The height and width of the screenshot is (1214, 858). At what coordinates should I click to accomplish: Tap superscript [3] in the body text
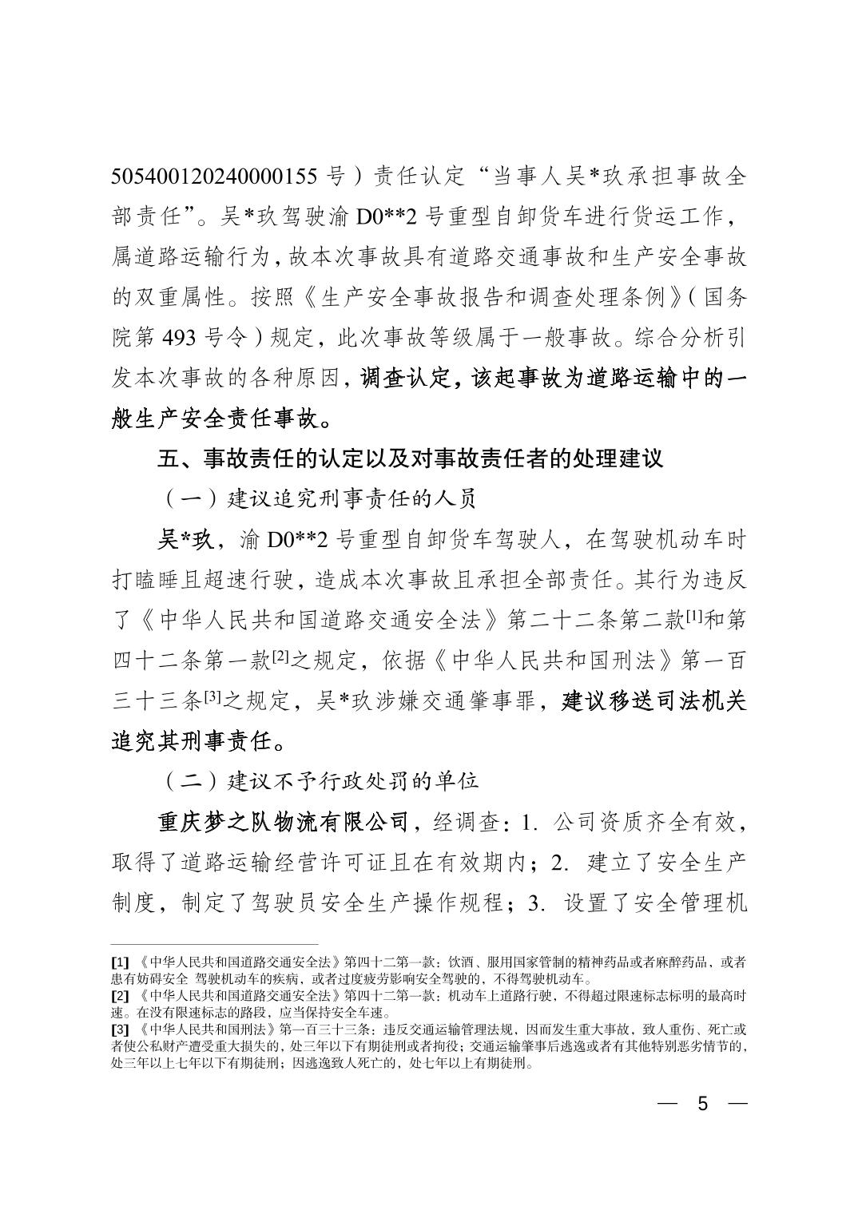pyautogui.click(x=212, y=696)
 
